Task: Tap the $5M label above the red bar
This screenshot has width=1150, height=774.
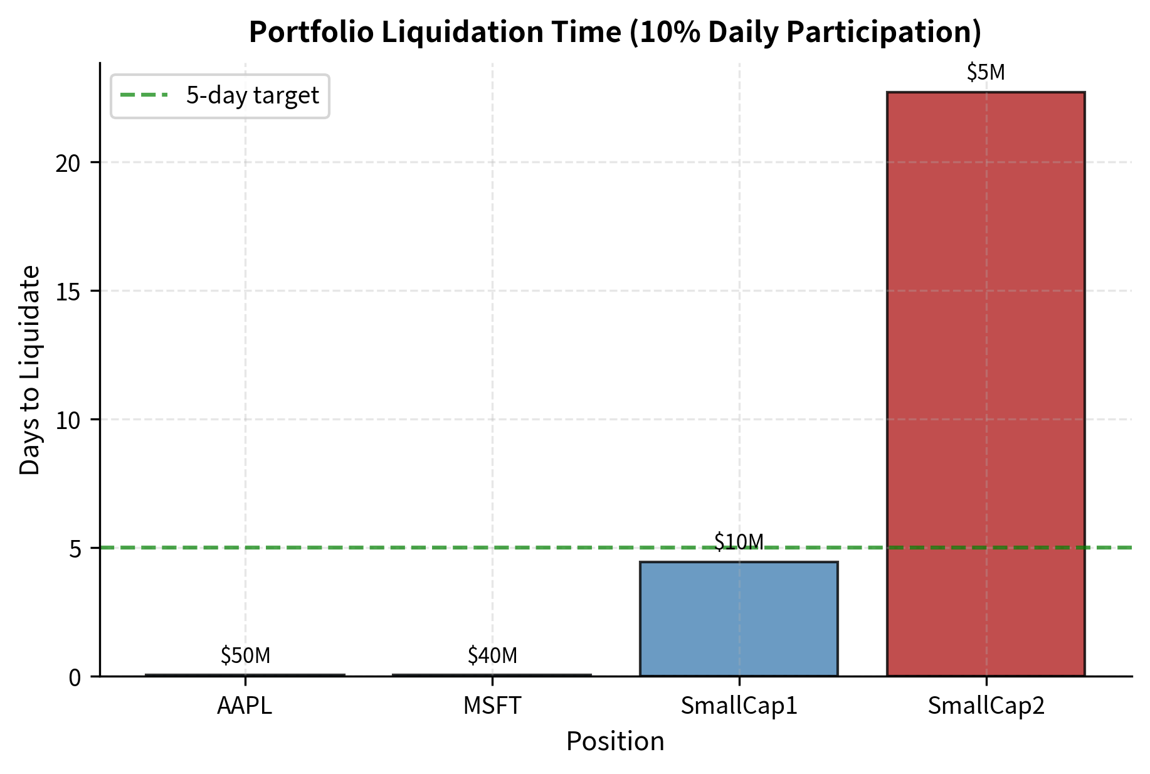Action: [x=986, y=73]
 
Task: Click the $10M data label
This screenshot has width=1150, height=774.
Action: [x=739, y=542]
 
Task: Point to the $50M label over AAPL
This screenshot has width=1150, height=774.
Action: [x=245, y=655]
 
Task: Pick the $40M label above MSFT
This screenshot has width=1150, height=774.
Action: [x=492, y=655]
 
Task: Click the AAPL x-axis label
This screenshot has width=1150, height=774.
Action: [x=245, y=706]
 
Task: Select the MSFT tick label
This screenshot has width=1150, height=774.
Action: [x=492, y=706]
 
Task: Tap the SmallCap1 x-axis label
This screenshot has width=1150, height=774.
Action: [x=739, y=706]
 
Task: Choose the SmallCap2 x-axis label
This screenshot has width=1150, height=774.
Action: [x=986, y=706]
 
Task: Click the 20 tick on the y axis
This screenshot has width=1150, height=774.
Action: [x=68, y=163]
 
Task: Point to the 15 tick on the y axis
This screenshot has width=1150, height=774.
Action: [x=68, y=292]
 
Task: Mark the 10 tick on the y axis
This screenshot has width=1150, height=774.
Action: [x=68, y=420]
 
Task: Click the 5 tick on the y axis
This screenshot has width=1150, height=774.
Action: [x=76, y=549]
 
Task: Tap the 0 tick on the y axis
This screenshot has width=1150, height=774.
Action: [x=76, y=677]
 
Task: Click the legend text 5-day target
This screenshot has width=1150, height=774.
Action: [x=252, y=96]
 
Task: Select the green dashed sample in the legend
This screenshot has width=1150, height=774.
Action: [x=144, y=96]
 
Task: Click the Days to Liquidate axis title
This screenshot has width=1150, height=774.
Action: [x=29, y=370]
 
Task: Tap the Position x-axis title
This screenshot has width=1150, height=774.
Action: [x=615, y=742]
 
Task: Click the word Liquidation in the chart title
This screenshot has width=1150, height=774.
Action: [x=495, y=33]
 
